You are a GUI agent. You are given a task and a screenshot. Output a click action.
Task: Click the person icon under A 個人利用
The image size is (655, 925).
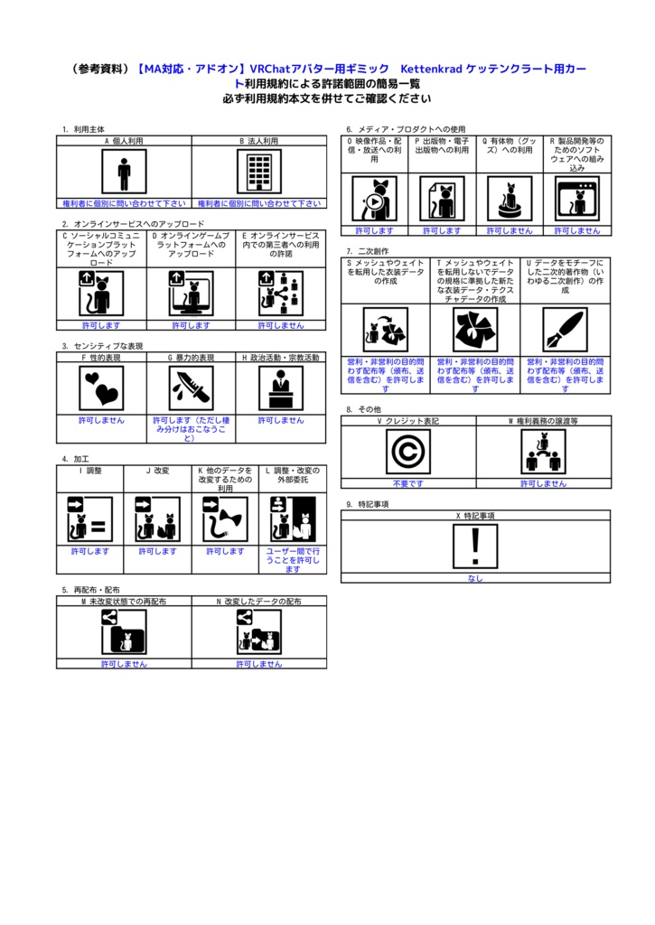coord(124,172)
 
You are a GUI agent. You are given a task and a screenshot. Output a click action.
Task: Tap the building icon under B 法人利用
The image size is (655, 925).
coord(259,172)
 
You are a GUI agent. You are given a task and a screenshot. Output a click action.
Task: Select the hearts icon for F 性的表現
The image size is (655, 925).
coord(101,388)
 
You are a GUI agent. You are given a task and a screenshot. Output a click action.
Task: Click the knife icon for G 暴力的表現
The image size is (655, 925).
coord(192,388)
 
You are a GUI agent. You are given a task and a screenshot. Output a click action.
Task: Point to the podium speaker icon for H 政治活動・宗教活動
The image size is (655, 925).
coord(281,388)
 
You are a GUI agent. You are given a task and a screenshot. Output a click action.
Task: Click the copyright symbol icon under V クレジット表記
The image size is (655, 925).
coord(407,451)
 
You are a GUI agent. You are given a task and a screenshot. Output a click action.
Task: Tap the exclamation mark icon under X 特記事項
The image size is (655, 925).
coord(475,546)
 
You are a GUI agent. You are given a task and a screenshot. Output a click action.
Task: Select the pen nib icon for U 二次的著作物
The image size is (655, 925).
coord(565,330)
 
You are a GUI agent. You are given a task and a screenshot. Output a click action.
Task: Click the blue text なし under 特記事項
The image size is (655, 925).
coord(475,578)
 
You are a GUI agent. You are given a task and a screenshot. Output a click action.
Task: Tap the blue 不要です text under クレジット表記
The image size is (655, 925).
coord(407,483)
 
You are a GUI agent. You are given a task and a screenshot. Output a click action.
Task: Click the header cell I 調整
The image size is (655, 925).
coord(90,471)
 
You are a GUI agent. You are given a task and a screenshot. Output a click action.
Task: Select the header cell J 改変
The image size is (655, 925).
coord(158,471)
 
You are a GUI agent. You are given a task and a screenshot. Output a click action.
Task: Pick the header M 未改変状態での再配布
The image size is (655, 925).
coord(124,601)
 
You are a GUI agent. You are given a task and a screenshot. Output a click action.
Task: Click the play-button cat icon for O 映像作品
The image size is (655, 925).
coord(374,198)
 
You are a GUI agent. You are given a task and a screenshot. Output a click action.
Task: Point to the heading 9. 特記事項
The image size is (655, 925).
coord(368,504)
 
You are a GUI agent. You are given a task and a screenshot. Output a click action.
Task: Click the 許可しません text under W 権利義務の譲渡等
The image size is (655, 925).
coord(543,483)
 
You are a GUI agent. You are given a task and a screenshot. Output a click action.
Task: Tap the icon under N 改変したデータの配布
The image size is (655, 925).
coord(259,631)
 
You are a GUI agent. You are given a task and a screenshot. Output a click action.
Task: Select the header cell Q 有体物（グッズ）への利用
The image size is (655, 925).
coord(510,146)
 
